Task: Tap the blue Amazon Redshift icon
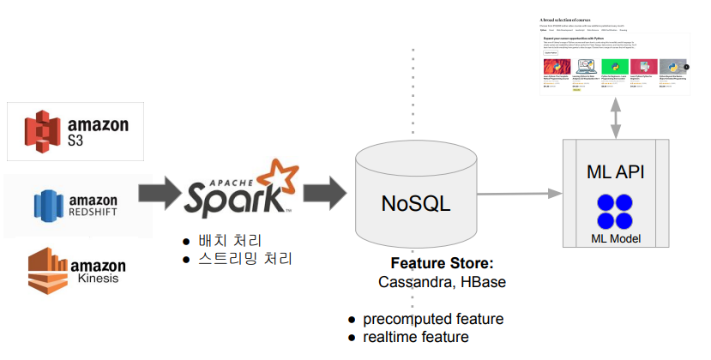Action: pyautogui.click(x=49, y=204)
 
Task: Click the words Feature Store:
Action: pyautogui.click(x=441, y=263)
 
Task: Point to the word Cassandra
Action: pyautogui.click(x=412, y=280)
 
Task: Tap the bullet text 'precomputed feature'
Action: pyautogui.click(x=432, y=319)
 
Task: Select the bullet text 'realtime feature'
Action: pyautogui.click(x=415, y=337)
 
